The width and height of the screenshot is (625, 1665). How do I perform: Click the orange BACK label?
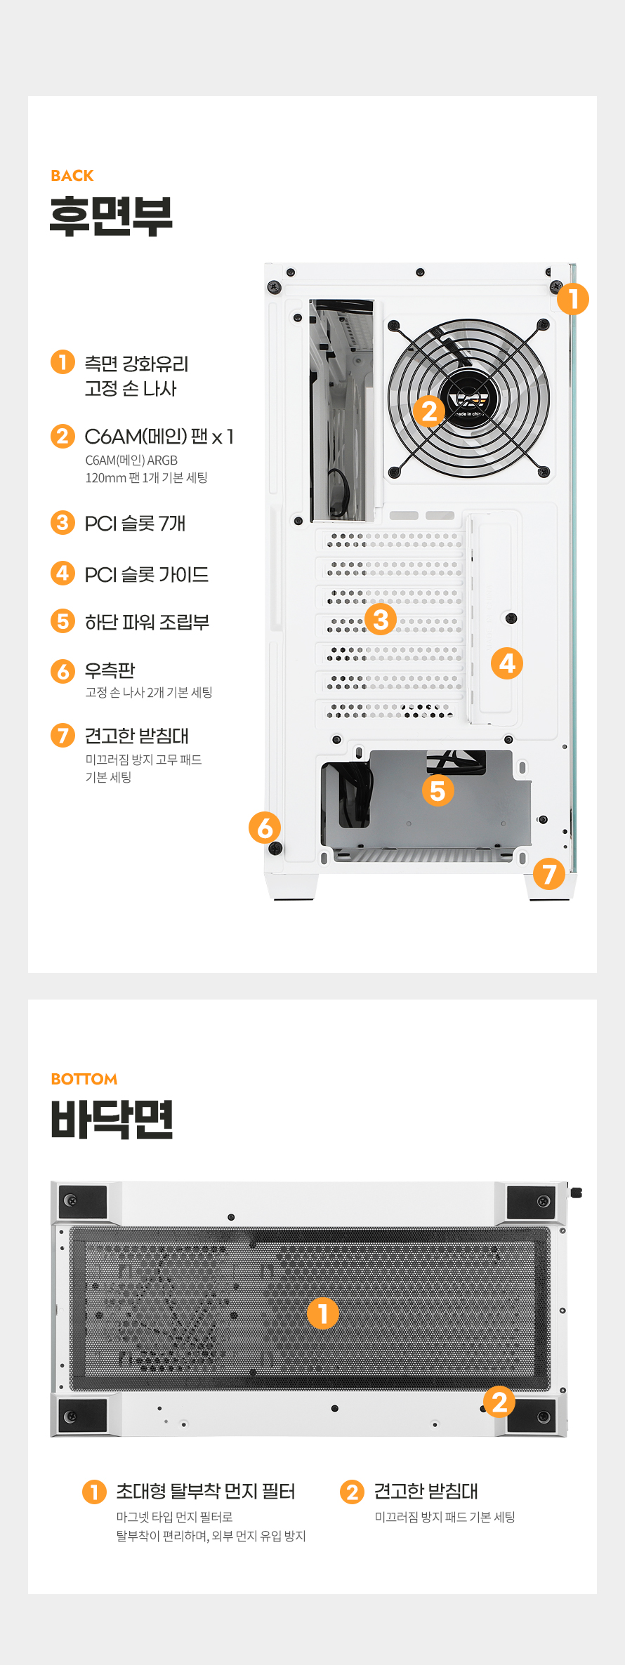click(x=72, y=175)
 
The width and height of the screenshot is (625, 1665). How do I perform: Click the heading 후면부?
click(x=111, y=216)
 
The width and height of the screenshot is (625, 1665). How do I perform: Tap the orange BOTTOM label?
click(x=84, y=1079)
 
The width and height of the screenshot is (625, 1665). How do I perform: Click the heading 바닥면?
click(x=112, y=1119)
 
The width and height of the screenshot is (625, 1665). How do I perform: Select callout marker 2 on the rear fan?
click(x=429, y=411)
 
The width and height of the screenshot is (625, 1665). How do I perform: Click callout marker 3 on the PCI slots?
click(x=381, y=619)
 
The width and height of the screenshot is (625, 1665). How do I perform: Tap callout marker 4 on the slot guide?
click(x=507, y=663)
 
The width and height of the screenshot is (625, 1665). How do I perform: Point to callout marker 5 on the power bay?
click(x=438, y=790)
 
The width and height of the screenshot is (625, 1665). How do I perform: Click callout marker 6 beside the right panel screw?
click(x=265, y=828)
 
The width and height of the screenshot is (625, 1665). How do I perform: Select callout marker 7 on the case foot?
click(x=549, y=874)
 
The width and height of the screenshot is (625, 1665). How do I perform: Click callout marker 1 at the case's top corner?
click(x=573, y=299)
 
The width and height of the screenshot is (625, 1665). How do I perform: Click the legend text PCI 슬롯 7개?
click(x=135, y=524)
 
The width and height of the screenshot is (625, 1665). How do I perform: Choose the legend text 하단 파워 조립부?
click(x=147, y=623)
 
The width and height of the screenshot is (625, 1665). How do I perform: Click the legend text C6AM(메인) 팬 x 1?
click(x=159, y=437)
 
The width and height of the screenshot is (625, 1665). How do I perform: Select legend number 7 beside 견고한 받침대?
click(x=63, y=735)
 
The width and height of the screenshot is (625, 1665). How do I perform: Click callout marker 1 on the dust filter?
click(x=323, y=1313)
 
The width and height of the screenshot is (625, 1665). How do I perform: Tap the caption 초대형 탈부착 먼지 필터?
click(x=205, y=1492)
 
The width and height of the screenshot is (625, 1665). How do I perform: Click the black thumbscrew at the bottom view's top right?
click(x=576, y=1193)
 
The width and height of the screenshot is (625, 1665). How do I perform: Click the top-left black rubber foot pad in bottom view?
click(x=83, y=1202)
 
